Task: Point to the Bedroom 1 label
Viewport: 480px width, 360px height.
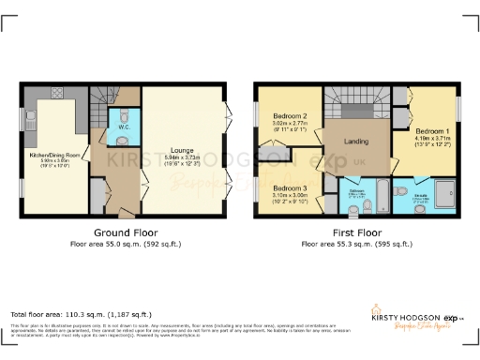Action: pyautogui.click(x=432, y=131)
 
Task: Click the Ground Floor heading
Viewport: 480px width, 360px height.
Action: pyautogui.click(x=126, y=232)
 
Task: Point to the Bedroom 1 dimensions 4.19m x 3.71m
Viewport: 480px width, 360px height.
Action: pyautogui.click(x=432, y=140)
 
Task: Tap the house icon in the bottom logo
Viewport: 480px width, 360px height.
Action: pyautogui.click(x=380, y=309)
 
